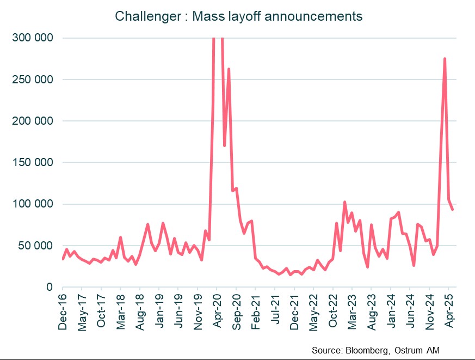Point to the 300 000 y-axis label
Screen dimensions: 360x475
point(34,38)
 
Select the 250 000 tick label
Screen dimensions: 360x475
point(34,80)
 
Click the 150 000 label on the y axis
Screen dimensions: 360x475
point(34,163)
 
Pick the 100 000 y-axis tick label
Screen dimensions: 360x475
point(34,204)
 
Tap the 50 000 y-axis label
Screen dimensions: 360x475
point(37,246)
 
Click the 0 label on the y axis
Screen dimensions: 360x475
point(49,287)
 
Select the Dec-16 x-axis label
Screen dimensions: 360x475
point(63,311)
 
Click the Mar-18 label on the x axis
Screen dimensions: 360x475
point(121,311)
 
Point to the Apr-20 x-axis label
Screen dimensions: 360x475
point(217,311)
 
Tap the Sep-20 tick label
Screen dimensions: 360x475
point(236,311)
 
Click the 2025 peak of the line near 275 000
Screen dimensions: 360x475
point(445,59)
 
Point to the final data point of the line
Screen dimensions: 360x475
point(453,209)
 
